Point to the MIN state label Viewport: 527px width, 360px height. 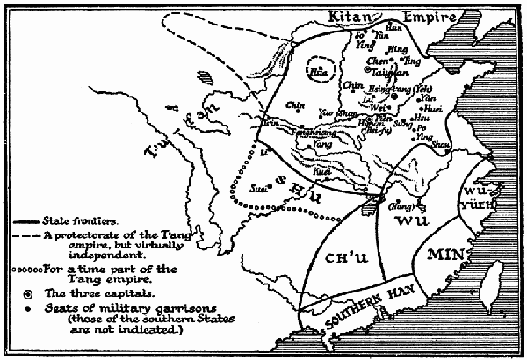point(444,256)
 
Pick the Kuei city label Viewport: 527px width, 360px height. point(322,174)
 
